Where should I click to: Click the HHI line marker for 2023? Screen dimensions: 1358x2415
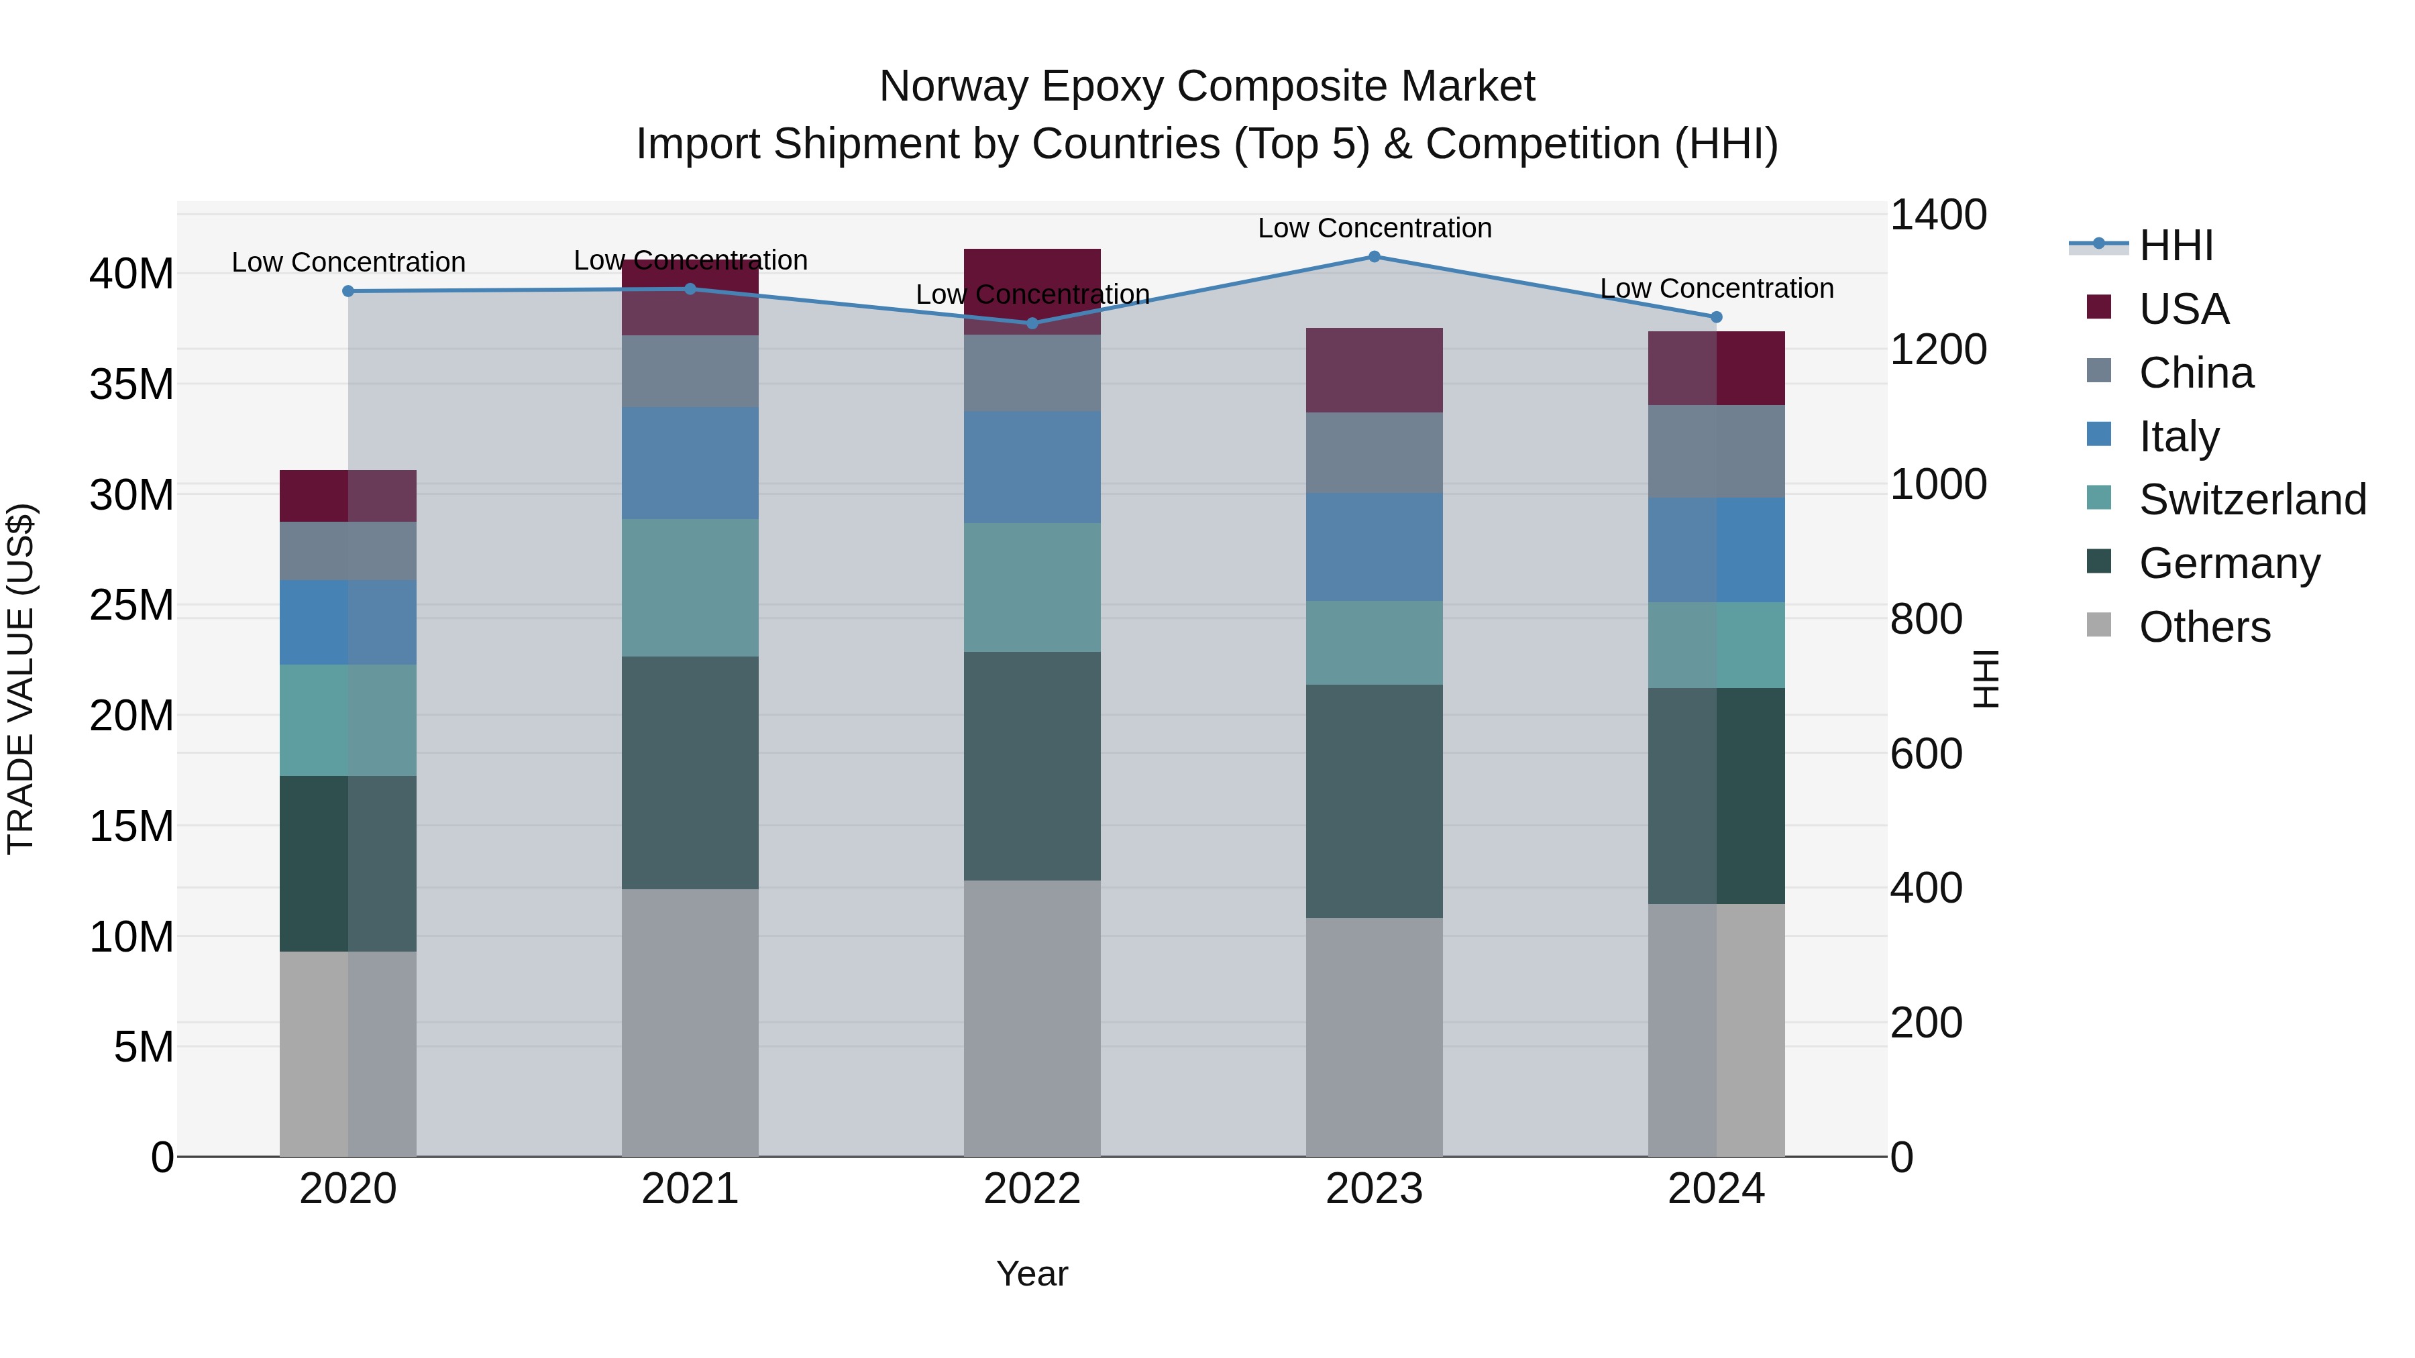[x=1375, y=256]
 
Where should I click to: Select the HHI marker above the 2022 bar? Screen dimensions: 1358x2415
[x=1032, y=323]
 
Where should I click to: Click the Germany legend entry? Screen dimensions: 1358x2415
[x=2229, y=563]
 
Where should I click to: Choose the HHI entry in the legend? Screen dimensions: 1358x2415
[x=2175, y=245]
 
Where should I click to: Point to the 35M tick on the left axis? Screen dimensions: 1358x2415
[x=131, y=385]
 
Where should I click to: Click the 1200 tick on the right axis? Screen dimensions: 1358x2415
[x=1937, y=349]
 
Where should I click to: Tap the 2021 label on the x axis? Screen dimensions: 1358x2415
[x=690, y=1189]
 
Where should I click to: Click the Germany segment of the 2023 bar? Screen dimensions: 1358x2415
[x=1375, y=801]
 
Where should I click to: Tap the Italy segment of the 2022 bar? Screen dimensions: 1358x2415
[x=1032, y=467]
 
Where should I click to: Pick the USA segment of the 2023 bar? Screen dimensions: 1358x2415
[x=1375, y=370]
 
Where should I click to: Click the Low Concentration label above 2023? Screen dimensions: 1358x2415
[x=1375, y=228]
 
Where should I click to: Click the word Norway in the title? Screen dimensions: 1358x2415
[x=953, y=87]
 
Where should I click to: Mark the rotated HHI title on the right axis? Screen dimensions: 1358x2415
[x=1986, y=679]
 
